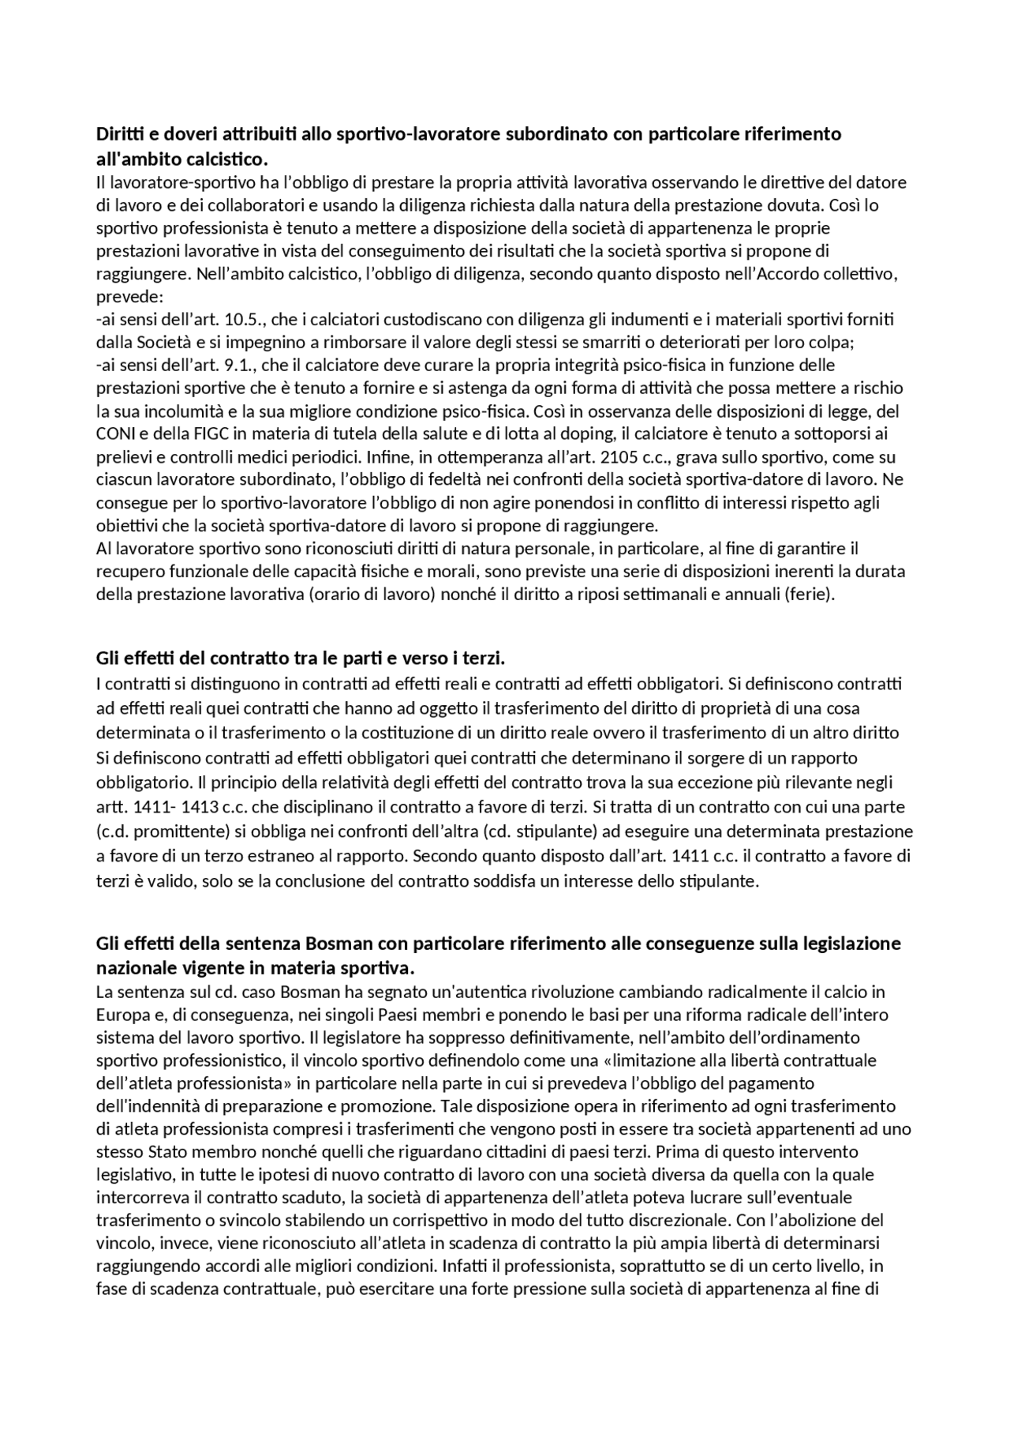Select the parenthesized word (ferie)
click(808, 594)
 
